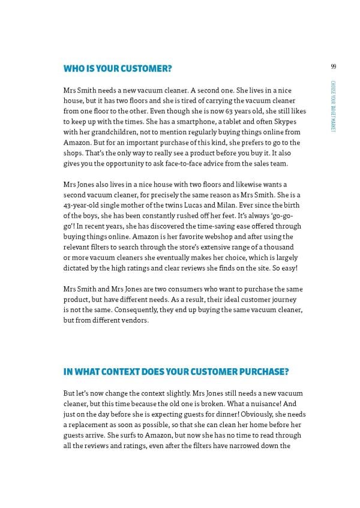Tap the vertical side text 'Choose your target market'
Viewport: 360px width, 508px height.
332,106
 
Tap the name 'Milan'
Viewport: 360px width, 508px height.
227,205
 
